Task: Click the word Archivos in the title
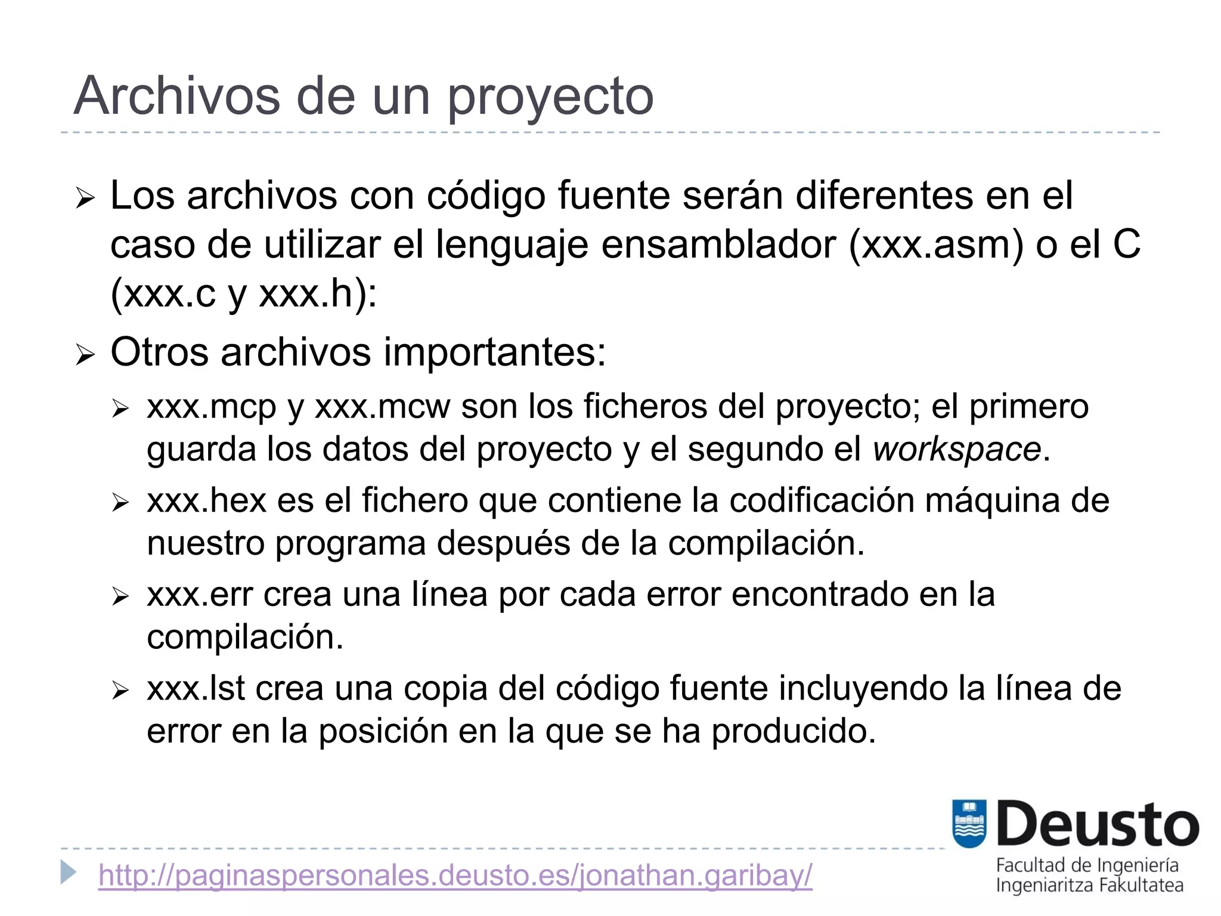click(x=176, y=97)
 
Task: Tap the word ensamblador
click(x=718, y=245)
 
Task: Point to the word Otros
click(x=159, y=352)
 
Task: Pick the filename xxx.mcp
click(x=212, y=408)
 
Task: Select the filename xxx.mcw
click(x=382, y=408)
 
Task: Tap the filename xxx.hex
click(x=206, y=501)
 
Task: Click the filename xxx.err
click(x=200, y=595)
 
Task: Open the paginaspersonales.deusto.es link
click(x=455, y=875)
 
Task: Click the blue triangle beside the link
click(x=69, y=872)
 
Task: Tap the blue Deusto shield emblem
click(x=969, y=824)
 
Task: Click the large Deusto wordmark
click(x=1098, y=825)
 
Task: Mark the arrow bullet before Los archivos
click(x=85, y=198)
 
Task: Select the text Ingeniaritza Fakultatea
click(x=1089, y=886)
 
